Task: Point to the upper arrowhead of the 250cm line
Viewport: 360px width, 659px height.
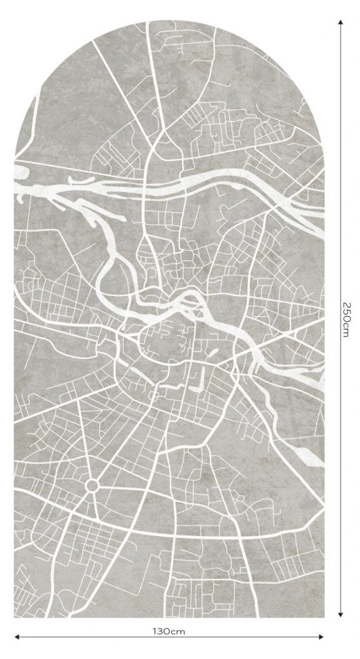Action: click(x=341, y=22)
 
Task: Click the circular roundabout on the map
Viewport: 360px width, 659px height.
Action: click(x=91, y=485)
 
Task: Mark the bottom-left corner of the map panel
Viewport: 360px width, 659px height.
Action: click(x=15, y=618)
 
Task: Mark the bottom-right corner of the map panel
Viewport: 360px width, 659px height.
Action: click(x=323, y=618)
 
